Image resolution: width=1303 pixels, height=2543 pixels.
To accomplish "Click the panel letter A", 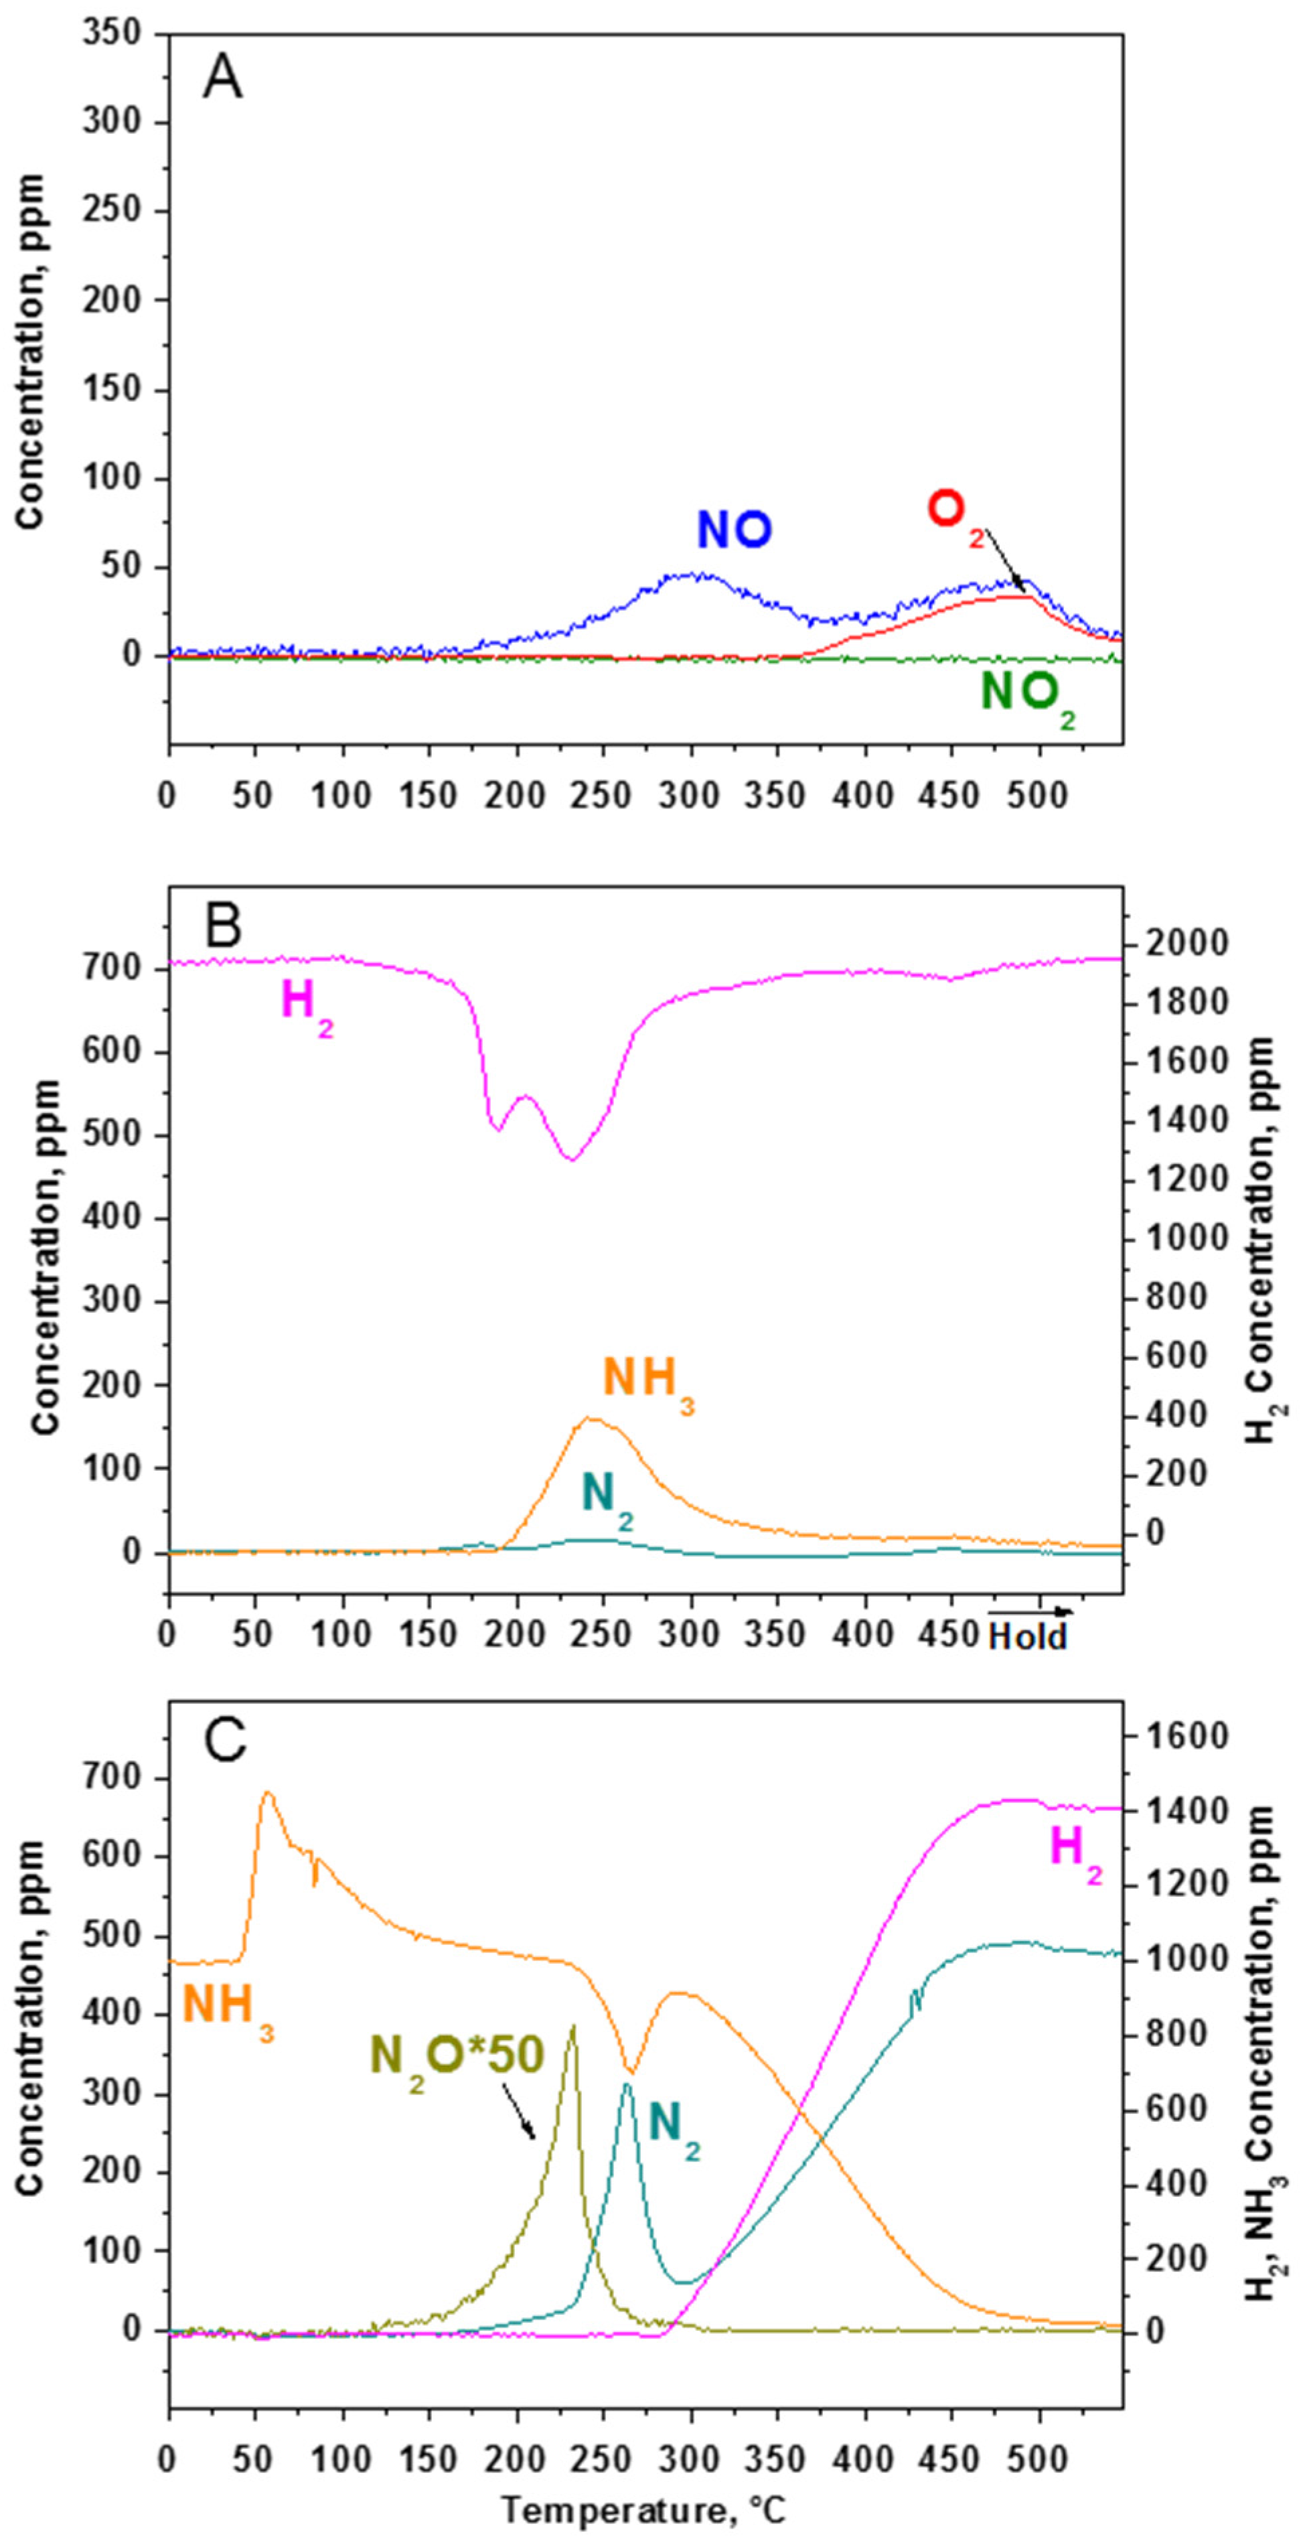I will tap(222, 79).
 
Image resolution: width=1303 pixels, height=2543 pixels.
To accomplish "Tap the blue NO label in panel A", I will tap(735, 530).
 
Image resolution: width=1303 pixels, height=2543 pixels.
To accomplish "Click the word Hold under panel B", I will tap(1028, 1638).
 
